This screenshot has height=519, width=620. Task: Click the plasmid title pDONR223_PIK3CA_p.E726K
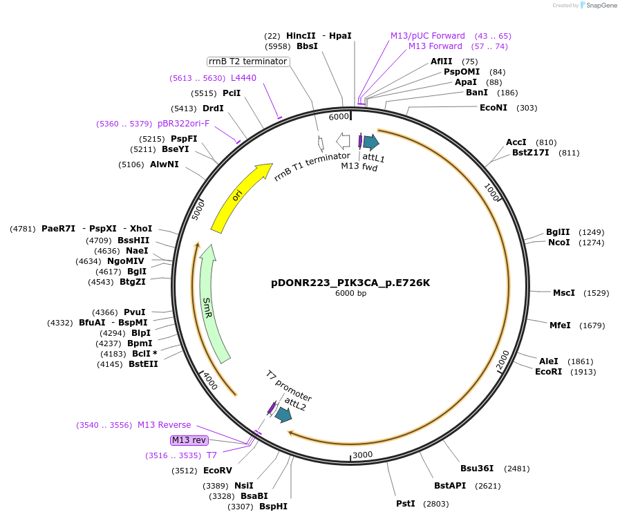click(x=350, y=283)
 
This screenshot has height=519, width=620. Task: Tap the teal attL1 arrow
click(x=371, y=142)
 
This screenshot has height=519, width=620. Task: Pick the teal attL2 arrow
click(x=283, y=415)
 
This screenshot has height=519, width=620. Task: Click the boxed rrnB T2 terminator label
click(x=248, y=62)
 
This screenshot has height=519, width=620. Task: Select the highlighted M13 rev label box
click(x=189, y=440)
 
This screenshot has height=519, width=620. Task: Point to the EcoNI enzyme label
click(x=494, y=107)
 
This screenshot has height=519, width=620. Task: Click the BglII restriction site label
click(x=558, y=232)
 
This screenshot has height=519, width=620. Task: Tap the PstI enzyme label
click(x=406, y=503)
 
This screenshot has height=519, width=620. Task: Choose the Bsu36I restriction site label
click(x=477, y=469)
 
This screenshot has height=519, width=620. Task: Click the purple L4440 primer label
click(x=243, y=78)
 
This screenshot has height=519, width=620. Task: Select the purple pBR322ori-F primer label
click(x=183, y=124)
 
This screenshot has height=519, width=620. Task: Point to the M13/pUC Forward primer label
click(x=427, y=36)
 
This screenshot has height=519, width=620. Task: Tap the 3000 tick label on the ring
click(x=363, y=454)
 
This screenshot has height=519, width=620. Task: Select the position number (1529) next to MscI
click(x=596, y=293)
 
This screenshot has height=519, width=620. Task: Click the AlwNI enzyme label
click(x=165, y=164)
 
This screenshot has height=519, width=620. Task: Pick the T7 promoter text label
click(x=289, y=386)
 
